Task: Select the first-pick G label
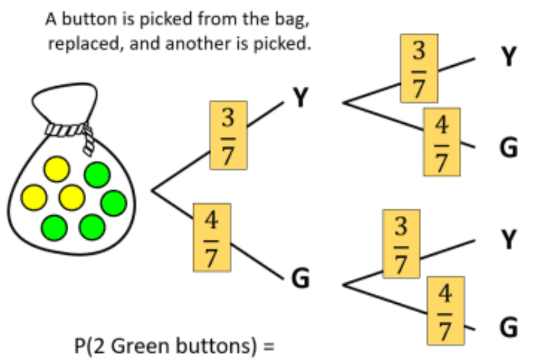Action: [301, 278]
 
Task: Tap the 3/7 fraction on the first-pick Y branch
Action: [228, 135]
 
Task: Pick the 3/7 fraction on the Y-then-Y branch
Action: [419, 68]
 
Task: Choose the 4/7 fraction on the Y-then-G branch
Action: [442, 141]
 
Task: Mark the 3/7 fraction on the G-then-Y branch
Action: [401, 243]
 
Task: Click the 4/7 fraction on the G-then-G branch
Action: [445, 309]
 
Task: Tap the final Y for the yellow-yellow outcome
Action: [508, 58]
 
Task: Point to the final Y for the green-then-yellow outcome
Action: [508, 241]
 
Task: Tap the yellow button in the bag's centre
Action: [72, 197]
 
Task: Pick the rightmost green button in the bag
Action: [113, 203]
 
